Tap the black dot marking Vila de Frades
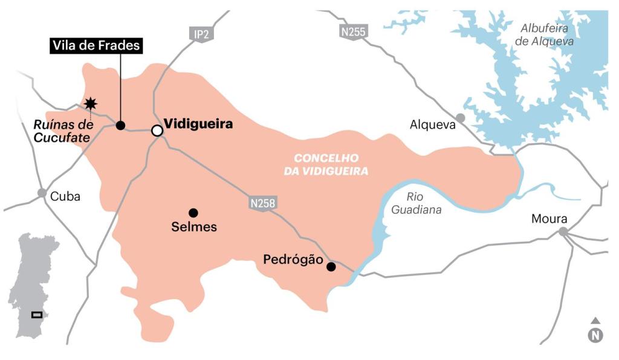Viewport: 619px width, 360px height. pyautogui.click(x=120, y=126)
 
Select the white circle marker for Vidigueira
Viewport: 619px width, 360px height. pyautogui.click(x=157, y=130)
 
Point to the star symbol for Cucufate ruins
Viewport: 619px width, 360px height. pyautogui.click(x=91, y=104)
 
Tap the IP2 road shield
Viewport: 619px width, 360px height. pyautogui.click(x=201, y=34)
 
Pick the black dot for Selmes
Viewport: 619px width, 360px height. pyautogui.click(x=193, y=213)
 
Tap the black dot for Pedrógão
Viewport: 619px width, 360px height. pyautogui.click(x=331, y=266)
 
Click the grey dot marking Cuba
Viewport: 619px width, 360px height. pyautogui.click(x=42, y=193)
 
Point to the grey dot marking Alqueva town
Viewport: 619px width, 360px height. pyautogui.click(x=461, y=117)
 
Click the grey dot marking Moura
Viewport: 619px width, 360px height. pyautogui.click(x=563, y=231)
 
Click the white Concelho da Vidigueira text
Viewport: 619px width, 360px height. pyautogui.click(x=326, y=164)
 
